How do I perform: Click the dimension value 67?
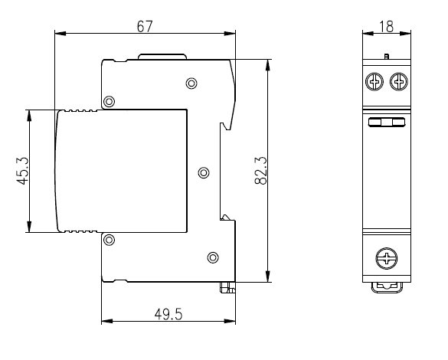[x=145, y=27]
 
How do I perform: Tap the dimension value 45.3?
[x=22, y=171]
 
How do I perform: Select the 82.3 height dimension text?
[x=260, y=171]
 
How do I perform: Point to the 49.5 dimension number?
[x=168, y=314]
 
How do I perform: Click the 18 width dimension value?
[x=386, y=27]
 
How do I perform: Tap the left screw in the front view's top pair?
[x=374, y=82]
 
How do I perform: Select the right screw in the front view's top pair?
[x=399, y=82]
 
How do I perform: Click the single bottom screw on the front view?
[x=387, y=258]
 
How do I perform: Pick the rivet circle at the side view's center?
[x=204, y=173]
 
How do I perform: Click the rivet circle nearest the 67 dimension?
[x=191, y=83]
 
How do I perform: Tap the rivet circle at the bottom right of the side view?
[x=213, y=257]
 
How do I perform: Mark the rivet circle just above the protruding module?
[x=110, y=101]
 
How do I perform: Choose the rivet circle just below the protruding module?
[x=110, y=240]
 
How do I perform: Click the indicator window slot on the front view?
[x=387, y=123]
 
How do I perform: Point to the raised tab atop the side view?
[x=162, y=56]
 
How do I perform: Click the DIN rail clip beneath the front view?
[x=387, y=287]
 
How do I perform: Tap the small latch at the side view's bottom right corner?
[x=227, y=287]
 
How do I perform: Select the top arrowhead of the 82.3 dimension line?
[x=268, y=65]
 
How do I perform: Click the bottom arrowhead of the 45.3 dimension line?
[x=29, y=227]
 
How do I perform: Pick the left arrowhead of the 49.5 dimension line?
[x=107, y=321]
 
